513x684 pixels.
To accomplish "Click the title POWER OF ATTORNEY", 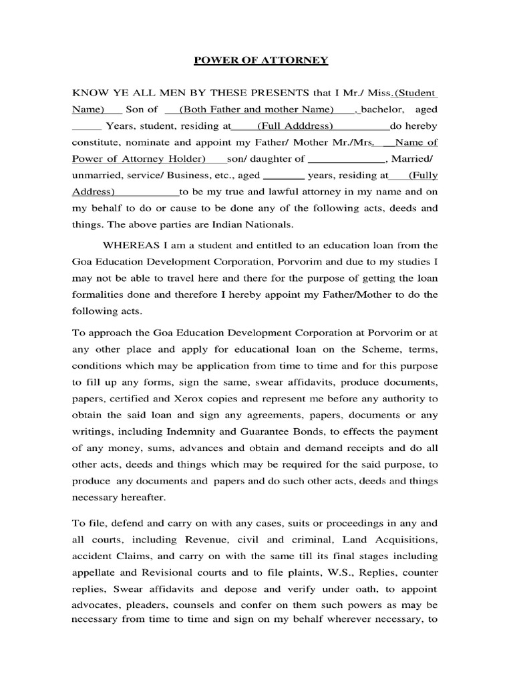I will [261, 61].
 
